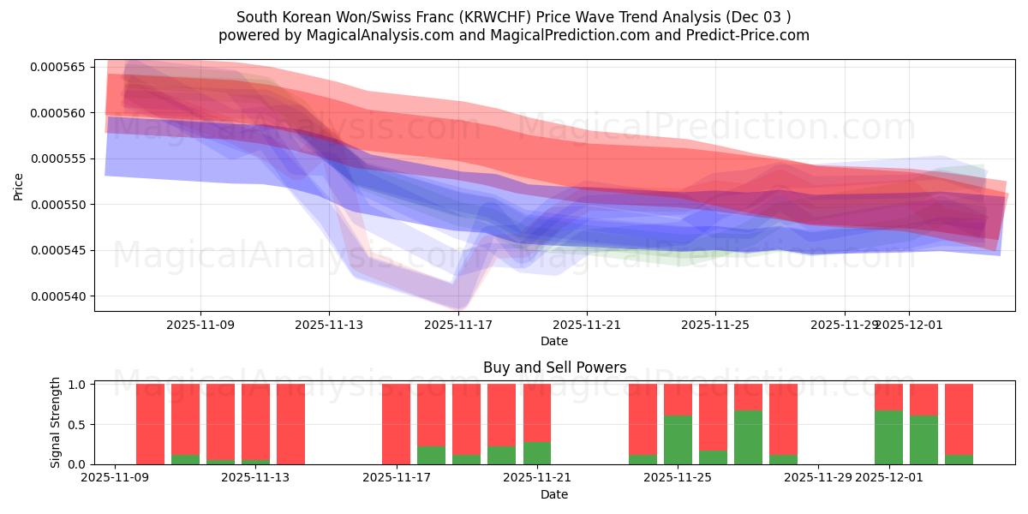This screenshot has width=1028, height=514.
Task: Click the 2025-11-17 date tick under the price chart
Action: tap(459, 325)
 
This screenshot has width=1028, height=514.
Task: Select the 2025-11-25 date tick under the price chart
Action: tap(715, 325)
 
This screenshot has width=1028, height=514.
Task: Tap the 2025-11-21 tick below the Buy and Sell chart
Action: tap(537, 478)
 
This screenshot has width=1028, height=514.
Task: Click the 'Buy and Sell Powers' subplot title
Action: tap(554, 368)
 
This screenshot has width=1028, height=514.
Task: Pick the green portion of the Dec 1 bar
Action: tap(888, 438)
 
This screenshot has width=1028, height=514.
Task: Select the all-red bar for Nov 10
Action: tap(150, 424)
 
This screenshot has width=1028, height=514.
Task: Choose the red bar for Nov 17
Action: tap(396, 424)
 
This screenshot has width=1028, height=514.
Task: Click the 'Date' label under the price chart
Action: tap(554, 341)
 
